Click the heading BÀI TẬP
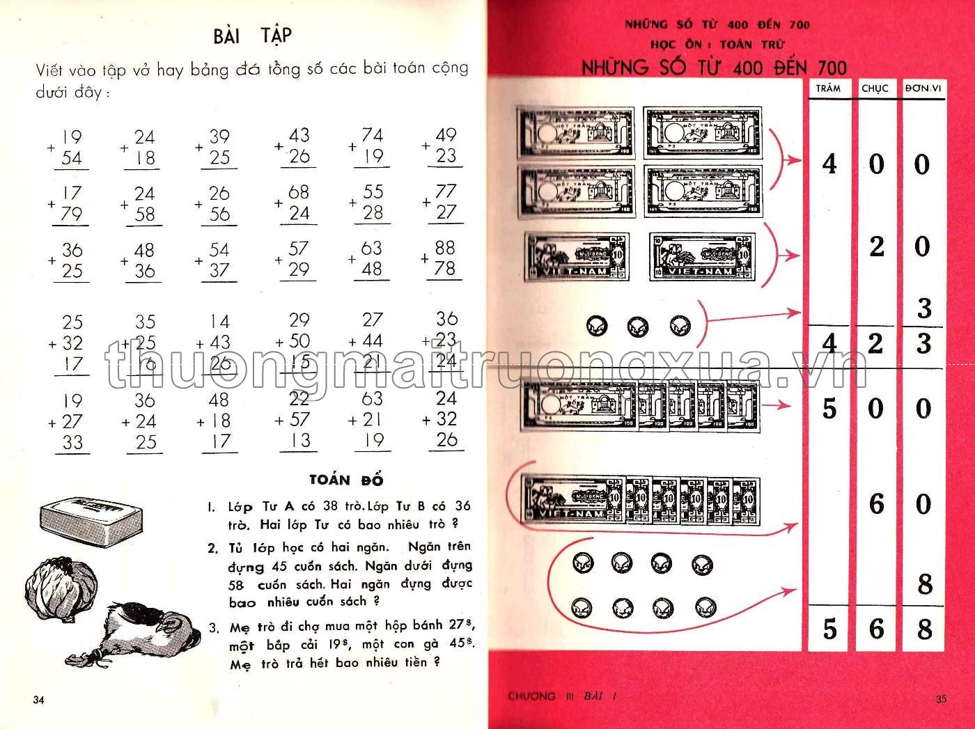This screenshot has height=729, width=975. (252, 35)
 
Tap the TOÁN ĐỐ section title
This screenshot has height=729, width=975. (346, 480)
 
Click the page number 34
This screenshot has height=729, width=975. (38, 699)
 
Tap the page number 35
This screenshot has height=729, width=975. (941, 699)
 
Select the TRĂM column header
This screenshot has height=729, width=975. (828, 88)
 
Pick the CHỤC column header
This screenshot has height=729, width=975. (875, 88)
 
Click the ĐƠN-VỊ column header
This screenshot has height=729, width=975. (923, 88)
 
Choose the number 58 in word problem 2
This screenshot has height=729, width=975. (238, 585)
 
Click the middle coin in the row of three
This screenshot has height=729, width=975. (638, 326)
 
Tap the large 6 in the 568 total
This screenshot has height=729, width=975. (875, 629)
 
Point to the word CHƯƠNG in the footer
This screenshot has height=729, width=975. (532, 696)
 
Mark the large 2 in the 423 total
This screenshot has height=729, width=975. (875, 343)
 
